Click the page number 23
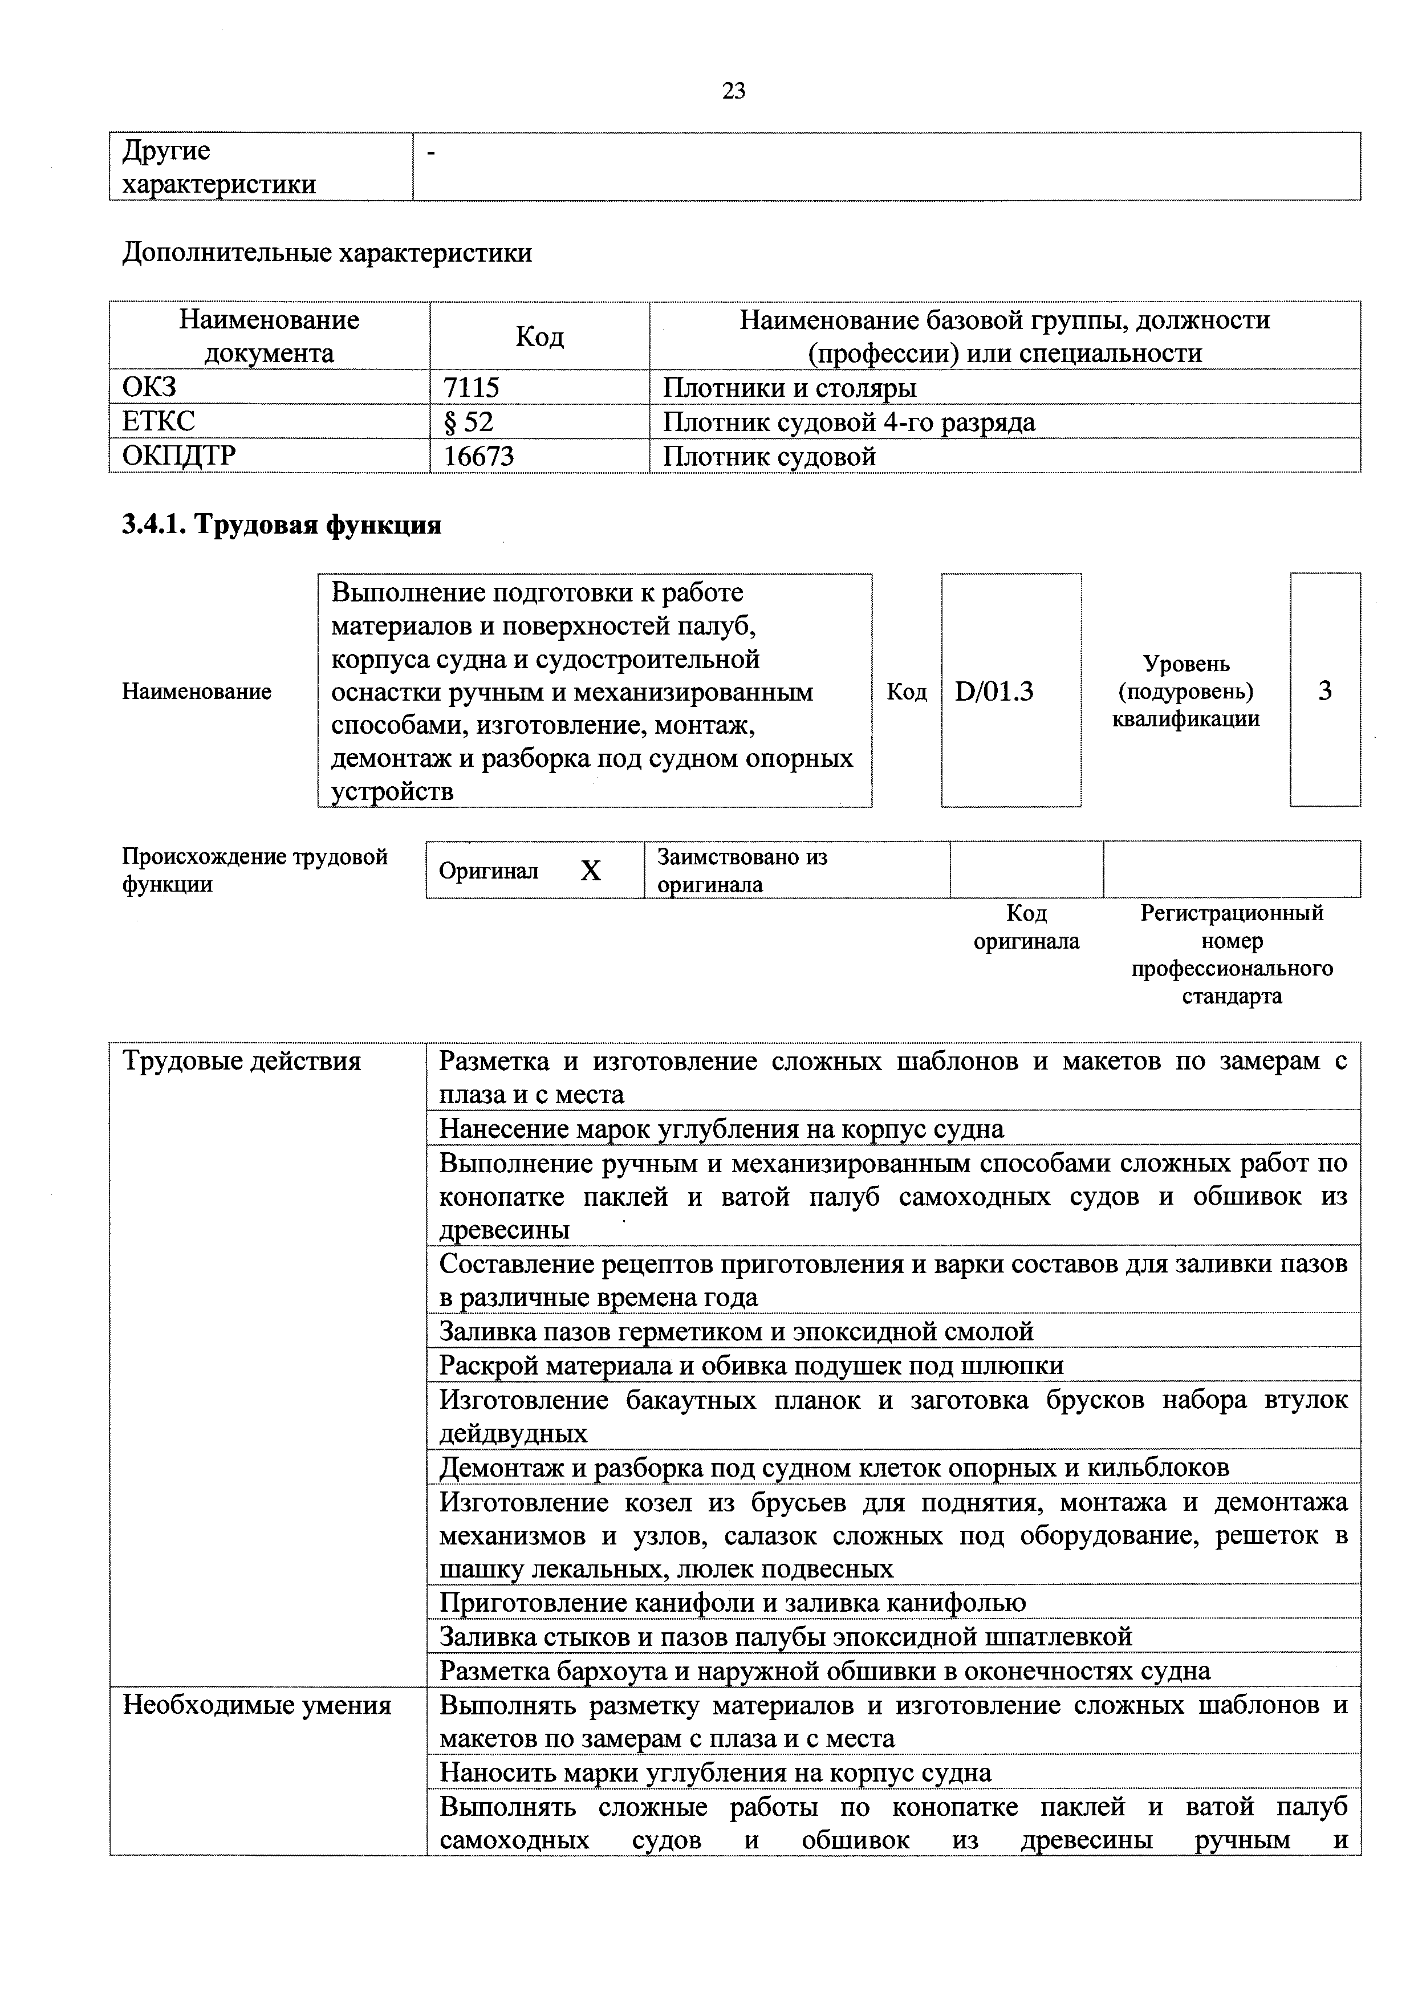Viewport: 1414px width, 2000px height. coord(734,91)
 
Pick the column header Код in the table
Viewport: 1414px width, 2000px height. coord(539,337)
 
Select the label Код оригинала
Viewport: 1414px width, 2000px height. coord(1026,928)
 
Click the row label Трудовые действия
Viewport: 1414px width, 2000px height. coord(241,1062)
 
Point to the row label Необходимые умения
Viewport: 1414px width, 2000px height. coord(257,1706)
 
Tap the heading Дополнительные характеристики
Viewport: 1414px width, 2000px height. coord(327,254)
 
